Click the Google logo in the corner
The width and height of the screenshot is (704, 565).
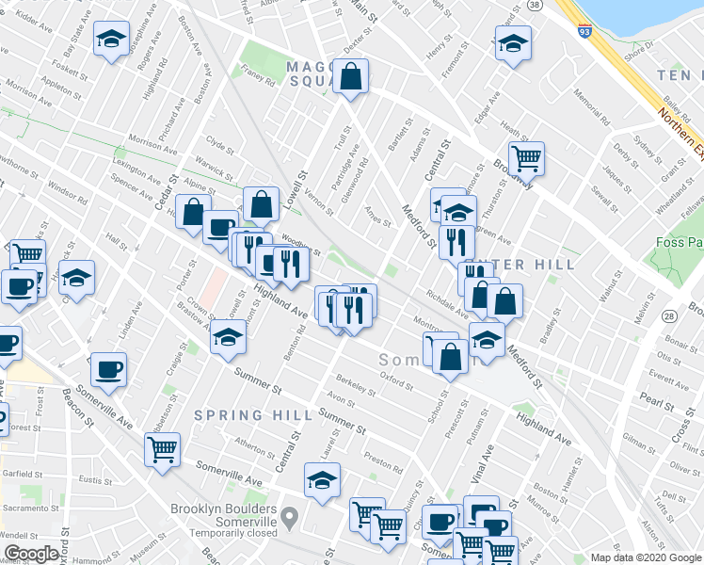click(31, 554)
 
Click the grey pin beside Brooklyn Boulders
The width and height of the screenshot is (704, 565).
click(290, 517)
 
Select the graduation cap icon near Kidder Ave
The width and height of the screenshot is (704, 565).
click(112, 40)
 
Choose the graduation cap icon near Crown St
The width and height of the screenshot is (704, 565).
click(227, 335)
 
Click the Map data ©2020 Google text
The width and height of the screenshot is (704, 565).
click(644, 557)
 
